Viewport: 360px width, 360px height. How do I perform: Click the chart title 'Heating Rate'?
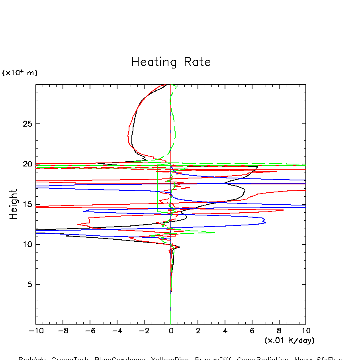coord(171,62)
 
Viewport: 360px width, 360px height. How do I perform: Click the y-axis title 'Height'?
coord(14,204)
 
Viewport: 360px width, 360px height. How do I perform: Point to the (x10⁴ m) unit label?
coord(20,73)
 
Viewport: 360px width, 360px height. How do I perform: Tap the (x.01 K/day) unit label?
coord(289,340)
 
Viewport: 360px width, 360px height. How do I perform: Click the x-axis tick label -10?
coord(35,331)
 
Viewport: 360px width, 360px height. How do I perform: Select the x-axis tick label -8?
coord(62,331)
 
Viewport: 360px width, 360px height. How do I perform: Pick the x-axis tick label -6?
coord(89,331)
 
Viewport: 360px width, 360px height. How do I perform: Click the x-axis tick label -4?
coord(116,331)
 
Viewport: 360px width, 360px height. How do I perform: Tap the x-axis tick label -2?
coord(143,331)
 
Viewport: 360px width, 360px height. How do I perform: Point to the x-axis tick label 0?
coord(171,331)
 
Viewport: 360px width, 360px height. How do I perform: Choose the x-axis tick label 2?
coord(198,331)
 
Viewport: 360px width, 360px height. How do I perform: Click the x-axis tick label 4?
coord(225,331)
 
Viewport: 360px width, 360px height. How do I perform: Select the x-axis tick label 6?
coord(252,331)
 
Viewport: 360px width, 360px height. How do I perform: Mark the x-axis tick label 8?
coord(279,331)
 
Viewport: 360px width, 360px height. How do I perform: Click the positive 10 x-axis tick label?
coord(305,331)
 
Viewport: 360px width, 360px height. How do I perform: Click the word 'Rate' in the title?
coord(197,62)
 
